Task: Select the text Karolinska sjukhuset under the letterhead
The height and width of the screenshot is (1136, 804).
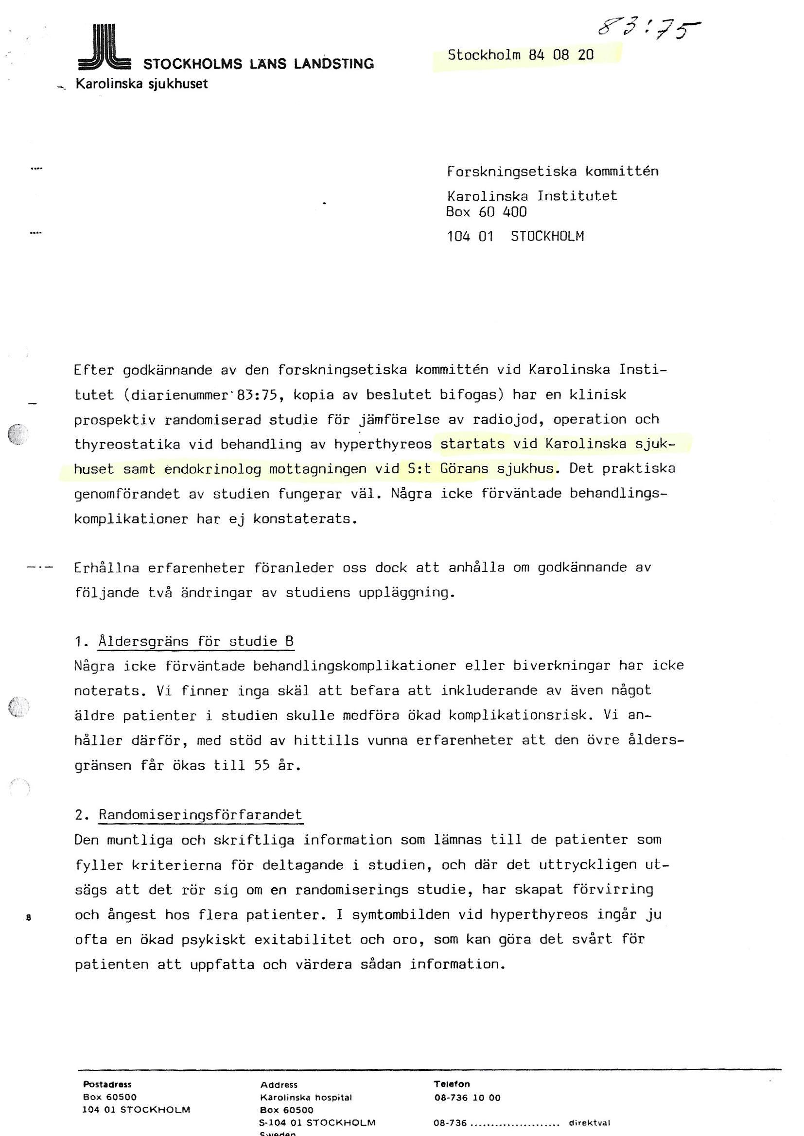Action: pyautogui.click(x=141, y=84)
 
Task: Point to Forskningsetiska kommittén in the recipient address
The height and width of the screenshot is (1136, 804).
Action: pyautogui.click(x=553, y=172)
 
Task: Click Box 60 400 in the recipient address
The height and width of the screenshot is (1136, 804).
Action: pyautogui.click(x=486, y=212)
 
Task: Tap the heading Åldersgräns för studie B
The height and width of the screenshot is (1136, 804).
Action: pyautogui.click(x=196, y=642)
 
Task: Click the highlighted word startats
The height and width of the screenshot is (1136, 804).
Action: pyautogui.click(x=472, y=444)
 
